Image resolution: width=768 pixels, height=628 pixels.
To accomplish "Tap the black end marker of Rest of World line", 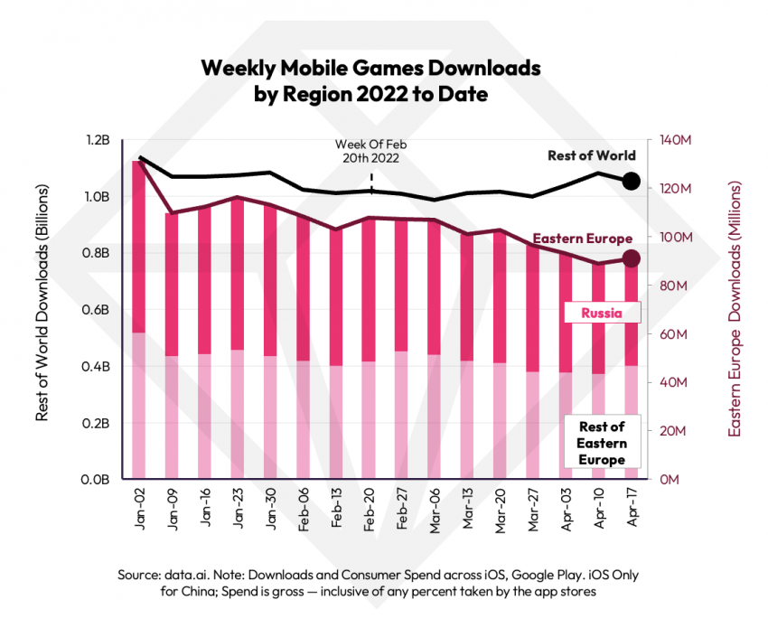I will coord(632,181).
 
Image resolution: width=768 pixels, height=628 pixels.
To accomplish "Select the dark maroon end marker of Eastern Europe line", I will coord(632,259).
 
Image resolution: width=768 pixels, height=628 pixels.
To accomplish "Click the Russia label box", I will coord(601,313).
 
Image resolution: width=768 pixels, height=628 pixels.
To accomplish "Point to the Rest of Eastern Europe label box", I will coord(601,442).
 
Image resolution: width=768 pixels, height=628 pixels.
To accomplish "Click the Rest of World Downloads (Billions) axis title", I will coord(42,310).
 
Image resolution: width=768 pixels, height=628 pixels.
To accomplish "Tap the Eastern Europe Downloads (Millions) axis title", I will coord(735,310).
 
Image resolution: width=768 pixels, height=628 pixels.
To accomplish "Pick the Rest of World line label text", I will coord(592,155).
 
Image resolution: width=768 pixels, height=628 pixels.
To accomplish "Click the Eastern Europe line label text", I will coord(581,239).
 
